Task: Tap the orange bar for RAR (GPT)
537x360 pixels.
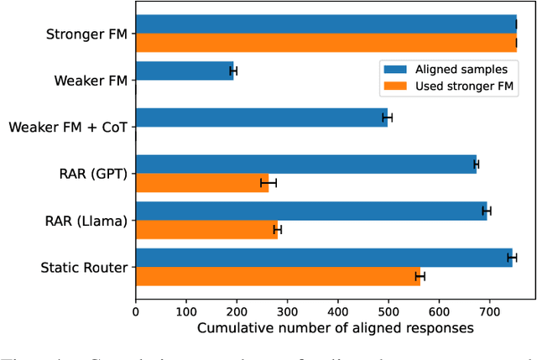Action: click(x=201, y=183)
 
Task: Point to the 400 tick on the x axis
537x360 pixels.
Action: click(x=338, y=303)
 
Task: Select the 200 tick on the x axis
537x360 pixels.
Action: click(x=237, y=303)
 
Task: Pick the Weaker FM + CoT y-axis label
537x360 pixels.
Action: click(x=68, y=128)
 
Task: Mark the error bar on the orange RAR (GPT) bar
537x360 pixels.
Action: click(x=268, y=183)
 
